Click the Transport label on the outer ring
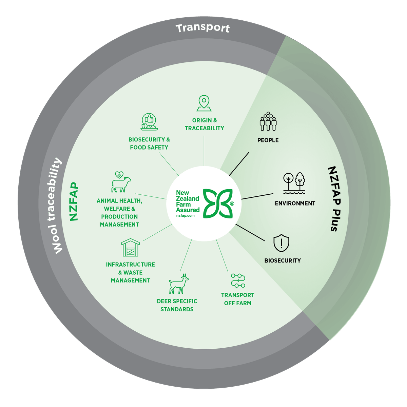pos(202,28)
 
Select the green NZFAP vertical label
pos(74,202)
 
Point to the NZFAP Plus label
pos(333,199)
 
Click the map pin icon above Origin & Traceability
pos(204,103)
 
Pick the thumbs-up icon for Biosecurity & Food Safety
pos(149,122)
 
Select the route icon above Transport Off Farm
pos(238,281)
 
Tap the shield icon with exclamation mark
pos(282,243)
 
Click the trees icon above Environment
pos(294,183)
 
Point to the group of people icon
pos(268,121)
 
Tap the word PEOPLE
pos(268,140)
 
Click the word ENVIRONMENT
pos(295,203)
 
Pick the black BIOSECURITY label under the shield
pos(283,260)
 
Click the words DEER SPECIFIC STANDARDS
pos(177,305)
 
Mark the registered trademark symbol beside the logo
pos(232,204)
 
